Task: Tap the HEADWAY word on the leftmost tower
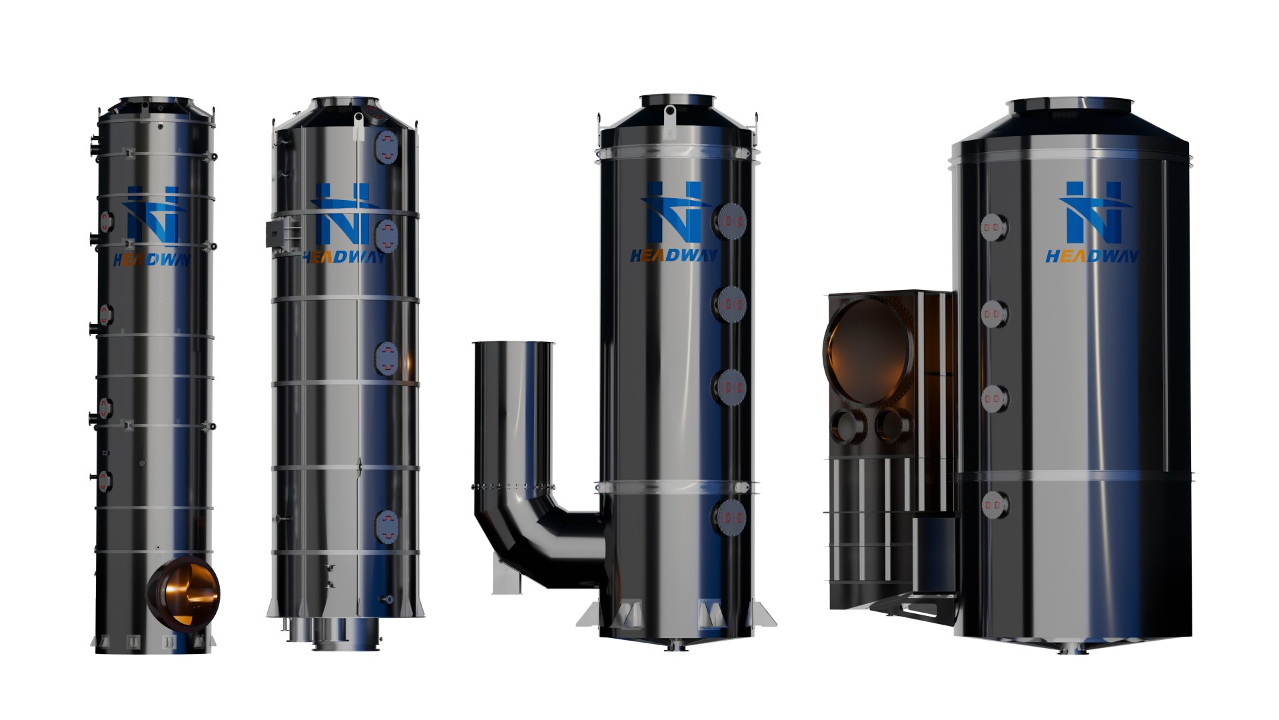152,260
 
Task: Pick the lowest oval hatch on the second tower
386,527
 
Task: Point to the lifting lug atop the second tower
358,126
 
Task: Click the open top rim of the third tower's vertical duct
513,344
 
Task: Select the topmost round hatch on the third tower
731,221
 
